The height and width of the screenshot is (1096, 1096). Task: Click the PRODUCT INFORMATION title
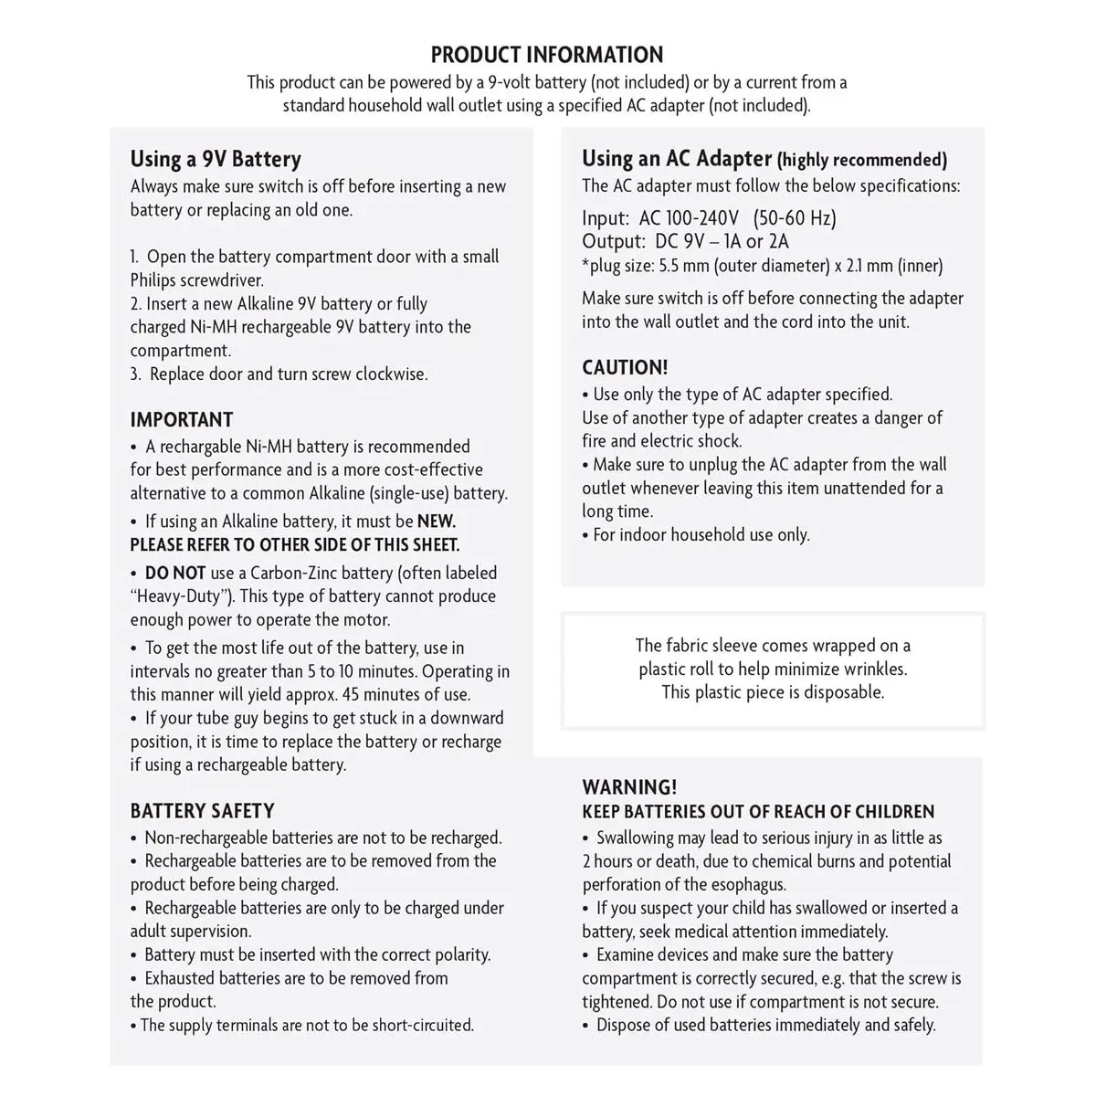(x=547, y=55)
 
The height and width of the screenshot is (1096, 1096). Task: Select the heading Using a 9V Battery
(x=216, y=159)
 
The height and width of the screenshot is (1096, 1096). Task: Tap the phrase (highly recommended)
(x=861, y=161)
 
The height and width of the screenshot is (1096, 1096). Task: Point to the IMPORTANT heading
(x=182, y=420)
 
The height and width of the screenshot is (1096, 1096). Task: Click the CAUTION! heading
(x=625, y=368)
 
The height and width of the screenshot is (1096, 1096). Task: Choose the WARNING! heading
(x=629, y=787)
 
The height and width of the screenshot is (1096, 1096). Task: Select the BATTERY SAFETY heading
(x=202, y=811)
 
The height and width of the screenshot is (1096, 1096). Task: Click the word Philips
(x=159, y=280)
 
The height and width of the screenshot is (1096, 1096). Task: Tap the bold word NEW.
(x=436, y=522)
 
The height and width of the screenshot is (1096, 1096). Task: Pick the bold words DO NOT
(x=175, y=574)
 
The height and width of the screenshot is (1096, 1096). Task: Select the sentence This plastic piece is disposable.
(x=773, y=692)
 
